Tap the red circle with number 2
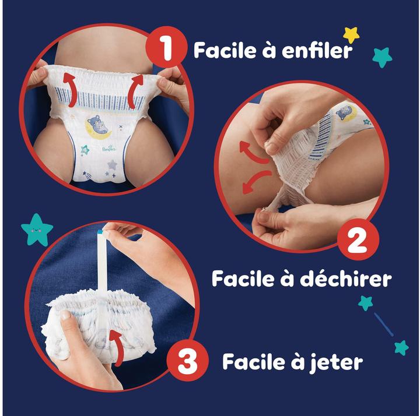(357, 239)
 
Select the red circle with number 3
(188, 362)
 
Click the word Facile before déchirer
(244, 278)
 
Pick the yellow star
(351, 34)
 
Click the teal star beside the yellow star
(382, 57)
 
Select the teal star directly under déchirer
(366, 302)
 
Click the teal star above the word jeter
(401, 348)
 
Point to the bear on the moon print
(97, 125)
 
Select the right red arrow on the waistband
(136, 90)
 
